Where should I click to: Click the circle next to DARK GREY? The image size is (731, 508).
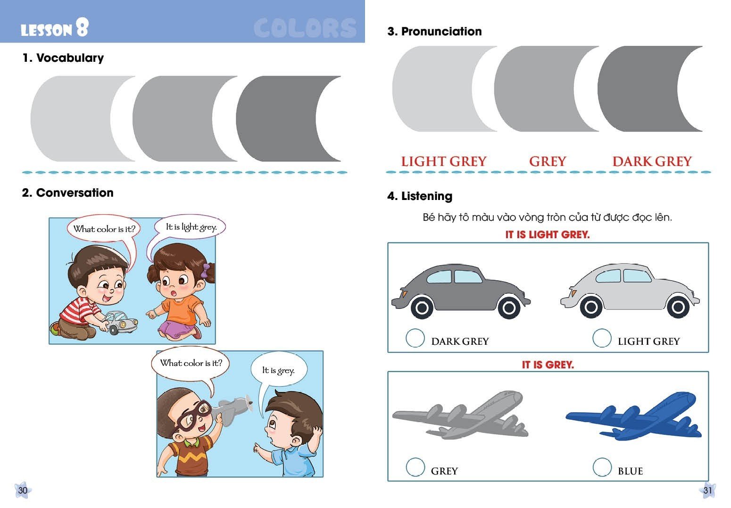point(415,338)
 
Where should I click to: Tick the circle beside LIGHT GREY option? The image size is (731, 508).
point(602,338)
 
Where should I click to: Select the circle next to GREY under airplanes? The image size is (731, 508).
point(415,467)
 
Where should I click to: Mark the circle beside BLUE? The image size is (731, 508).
point(602,467)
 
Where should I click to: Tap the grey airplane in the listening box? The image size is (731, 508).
point(460,415)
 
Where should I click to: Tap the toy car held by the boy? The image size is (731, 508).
point(121,322)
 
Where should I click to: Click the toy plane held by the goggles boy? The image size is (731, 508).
point(233,408)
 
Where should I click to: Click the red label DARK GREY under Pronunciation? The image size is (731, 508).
point(652,161)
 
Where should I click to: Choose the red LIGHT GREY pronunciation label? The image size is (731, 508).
point(443,161)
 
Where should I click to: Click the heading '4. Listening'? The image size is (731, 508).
point(420,196)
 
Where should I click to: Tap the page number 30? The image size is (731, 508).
point(23,491)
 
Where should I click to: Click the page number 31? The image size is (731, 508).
point(707,491)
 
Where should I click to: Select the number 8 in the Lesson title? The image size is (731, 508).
point(82,27)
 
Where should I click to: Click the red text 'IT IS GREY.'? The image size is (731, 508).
point(548,365)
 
